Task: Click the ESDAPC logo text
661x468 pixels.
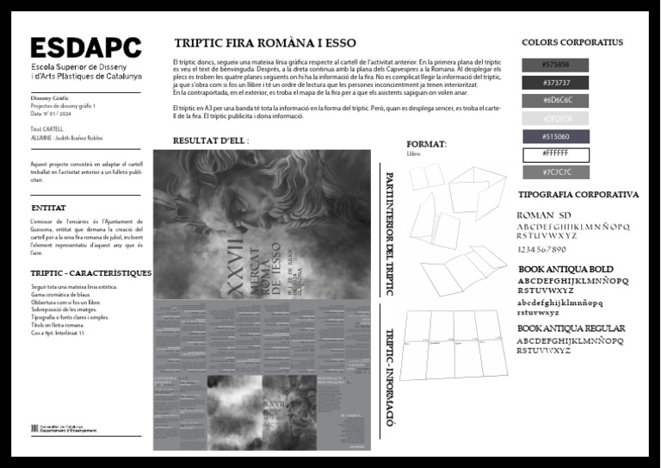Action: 86,48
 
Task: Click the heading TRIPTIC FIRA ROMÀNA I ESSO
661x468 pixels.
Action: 265,43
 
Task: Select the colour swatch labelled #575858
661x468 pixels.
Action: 556,65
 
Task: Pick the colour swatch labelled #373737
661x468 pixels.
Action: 556,83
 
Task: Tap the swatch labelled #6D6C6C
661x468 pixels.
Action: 556,100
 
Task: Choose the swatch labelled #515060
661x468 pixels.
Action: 556,136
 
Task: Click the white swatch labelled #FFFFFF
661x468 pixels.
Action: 556,154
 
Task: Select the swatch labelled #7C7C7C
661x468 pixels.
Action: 556,172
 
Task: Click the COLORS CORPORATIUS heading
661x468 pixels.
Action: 571,42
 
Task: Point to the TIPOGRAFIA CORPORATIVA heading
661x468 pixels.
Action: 578,195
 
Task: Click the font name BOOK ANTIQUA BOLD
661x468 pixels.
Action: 565,270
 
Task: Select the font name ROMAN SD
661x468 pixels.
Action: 543,215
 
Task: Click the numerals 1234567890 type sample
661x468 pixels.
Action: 553,250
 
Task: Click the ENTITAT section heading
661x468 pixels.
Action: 48,209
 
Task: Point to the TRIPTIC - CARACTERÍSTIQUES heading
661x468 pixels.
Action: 90,273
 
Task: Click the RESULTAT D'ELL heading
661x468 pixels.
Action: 211,140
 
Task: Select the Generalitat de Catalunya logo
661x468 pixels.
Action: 64,429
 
